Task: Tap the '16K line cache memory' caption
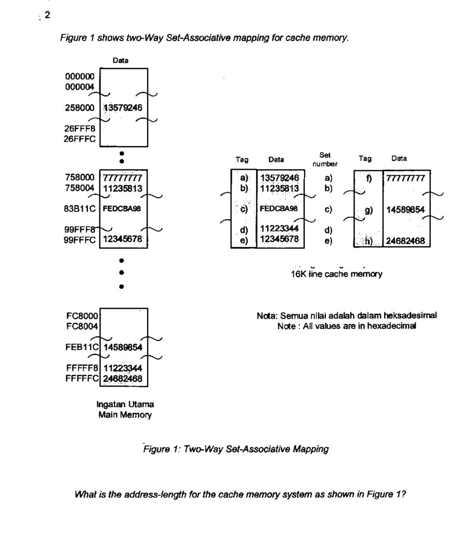[x=337, y=275]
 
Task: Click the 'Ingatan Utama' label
[x=118, y=404]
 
